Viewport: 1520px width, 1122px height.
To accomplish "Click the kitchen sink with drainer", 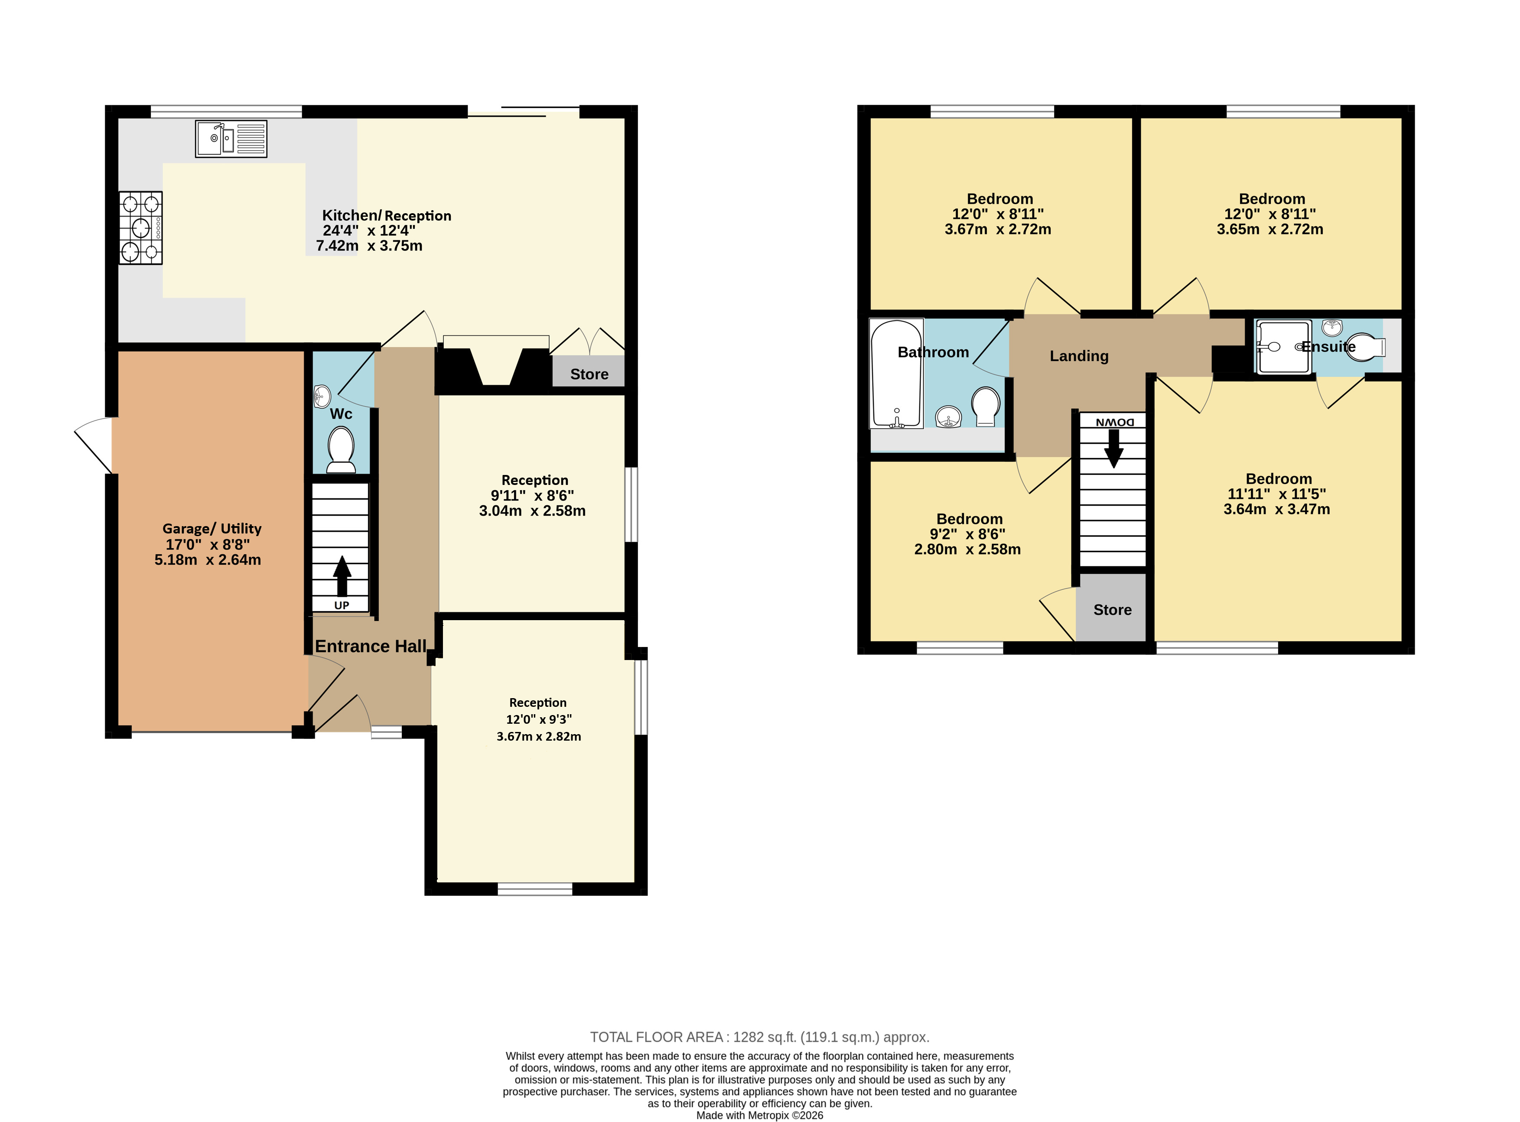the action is point(231,139).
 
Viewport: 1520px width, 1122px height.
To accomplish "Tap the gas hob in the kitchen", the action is point(140,228).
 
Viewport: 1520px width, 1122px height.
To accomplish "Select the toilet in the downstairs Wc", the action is point(341,449).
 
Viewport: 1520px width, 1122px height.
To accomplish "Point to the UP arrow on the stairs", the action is point(342,576).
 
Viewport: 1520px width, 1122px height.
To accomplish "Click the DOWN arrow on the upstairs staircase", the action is point(1113,448).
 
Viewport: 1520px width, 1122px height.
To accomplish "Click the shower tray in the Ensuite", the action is point(1284,347).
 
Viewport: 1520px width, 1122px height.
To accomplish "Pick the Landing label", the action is point(1079,356).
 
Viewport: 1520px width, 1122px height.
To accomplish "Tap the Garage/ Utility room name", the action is point(212,528).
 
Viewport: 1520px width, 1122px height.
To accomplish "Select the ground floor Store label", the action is point(589,374).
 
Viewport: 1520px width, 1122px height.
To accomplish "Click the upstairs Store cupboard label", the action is point(1113,610).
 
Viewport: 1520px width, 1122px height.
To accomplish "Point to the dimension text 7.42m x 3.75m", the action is point(369,246).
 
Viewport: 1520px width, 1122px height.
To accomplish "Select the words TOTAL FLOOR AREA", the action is point(657,1037).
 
